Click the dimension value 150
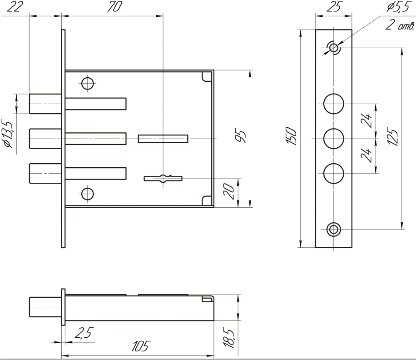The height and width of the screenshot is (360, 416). pyautogui.click(x=293, y=138)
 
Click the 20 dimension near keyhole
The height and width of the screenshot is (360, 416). pyautogui.click(x=232, y=192)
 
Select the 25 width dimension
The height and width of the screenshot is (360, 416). pyautogui.click(x=334, y=7)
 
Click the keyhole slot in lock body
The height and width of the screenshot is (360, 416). pyautogui.click(x=163, y=178)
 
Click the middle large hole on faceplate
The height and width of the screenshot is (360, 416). pyautogui.click(x=334, y=138)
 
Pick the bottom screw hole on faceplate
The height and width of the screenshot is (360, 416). pyautogui.click(x=334, y=229)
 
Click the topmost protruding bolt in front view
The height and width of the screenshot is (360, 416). pyautogui.click(x=45, y=103)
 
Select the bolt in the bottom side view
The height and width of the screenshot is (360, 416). pyautogui.click(x=45, y=307)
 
